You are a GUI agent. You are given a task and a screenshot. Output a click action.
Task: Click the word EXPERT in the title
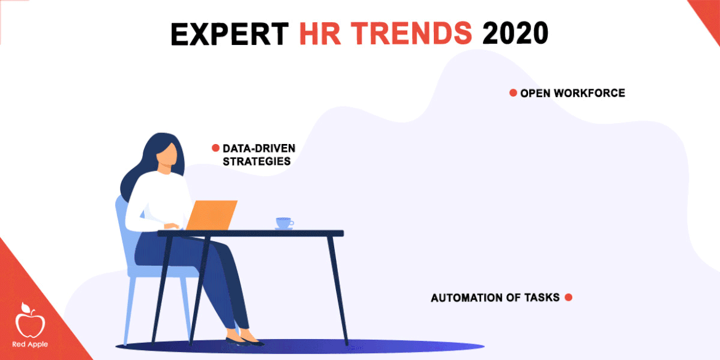pos(230,33)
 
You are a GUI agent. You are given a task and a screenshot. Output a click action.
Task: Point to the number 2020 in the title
pos(516,33)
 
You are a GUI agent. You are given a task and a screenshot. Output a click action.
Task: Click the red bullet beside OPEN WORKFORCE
pos(513,93)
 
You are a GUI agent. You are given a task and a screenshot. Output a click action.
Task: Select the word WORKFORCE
pos(590,93)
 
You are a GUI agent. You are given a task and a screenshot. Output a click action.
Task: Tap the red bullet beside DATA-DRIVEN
pos(215,148)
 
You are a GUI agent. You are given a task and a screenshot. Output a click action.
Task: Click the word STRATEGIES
pos(257,162)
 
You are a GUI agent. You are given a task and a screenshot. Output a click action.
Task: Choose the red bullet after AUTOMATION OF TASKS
pos(568,298)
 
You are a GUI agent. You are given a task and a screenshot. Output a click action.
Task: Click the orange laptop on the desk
pos(211,215)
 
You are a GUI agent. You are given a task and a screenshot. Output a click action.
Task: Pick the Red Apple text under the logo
pos(30,345)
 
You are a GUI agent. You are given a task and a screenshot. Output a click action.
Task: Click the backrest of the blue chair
pos(124,230)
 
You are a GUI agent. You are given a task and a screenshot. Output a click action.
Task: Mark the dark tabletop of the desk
pos(250,233)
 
